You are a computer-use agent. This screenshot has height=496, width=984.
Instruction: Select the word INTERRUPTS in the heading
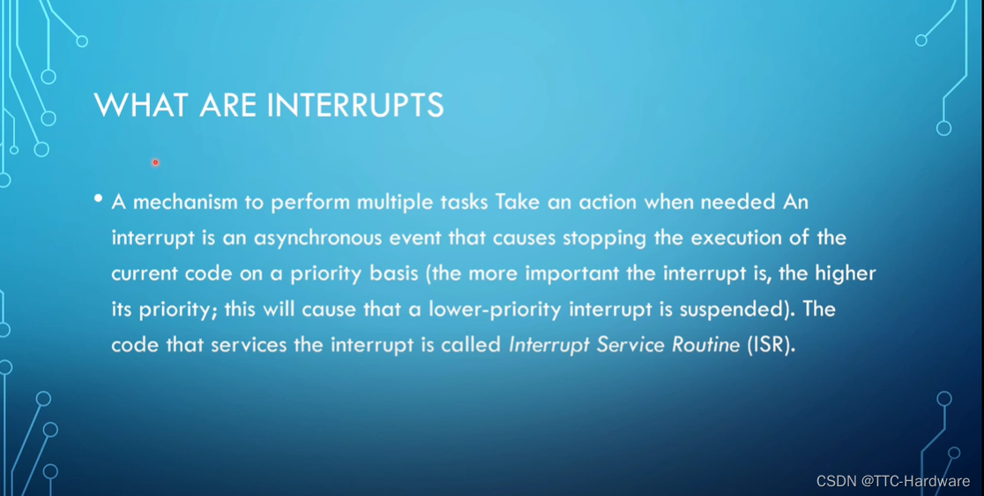point(355,105)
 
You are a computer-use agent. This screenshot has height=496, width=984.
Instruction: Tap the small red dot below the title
point(155,162)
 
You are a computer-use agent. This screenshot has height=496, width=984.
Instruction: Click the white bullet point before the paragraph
point(98,199)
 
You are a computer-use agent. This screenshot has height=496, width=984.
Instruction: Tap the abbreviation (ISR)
point(772,345)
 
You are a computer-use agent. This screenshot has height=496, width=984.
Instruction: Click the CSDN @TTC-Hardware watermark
point(893,481)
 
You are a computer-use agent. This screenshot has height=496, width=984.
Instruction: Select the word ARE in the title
point(227,105)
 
